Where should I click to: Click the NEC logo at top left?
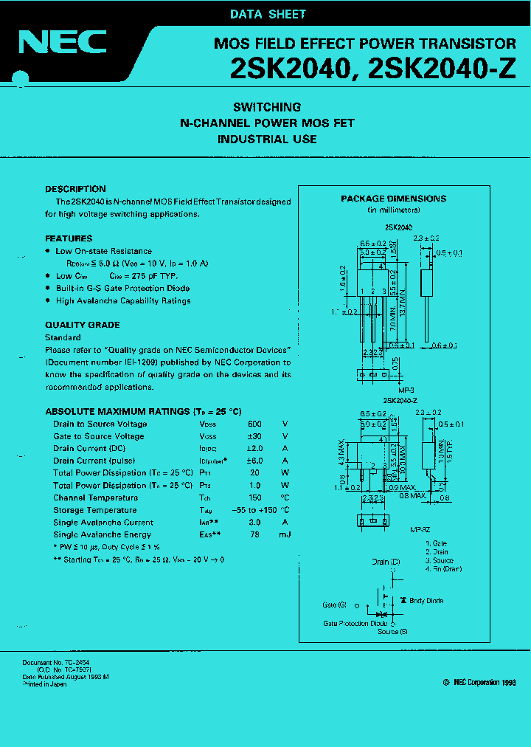click(x=63, y=42)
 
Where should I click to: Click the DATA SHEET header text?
click(x=268, y=14)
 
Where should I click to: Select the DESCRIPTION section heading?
click(x=75, y=189)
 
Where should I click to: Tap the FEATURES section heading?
click(x=69, y=238)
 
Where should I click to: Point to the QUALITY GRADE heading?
click(x=82, y=325)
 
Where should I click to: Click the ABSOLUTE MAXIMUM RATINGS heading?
click(x=143, y=411)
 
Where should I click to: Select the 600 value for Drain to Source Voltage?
click(x=254, y=424)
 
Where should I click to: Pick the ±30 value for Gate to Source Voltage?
click(x=254, y=436)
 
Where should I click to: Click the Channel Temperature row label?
click(x=95, y=498)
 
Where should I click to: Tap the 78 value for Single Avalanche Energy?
click(x=254, y=534)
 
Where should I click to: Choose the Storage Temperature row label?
click(x=94, y=510)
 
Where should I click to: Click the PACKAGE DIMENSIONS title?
click(x=393, y=199)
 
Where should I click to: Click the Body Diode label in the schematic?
click(x=426, y=601)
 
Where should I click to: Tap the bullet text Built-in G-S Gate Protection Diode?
click(x=122, y=288)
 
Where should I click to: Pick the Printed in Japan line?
click(x=44, y=684)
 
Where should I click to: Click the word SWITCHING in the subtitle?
click(x=267, y=107)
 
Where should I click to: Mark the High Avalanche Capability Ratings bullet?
click(x=123, y=300)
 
